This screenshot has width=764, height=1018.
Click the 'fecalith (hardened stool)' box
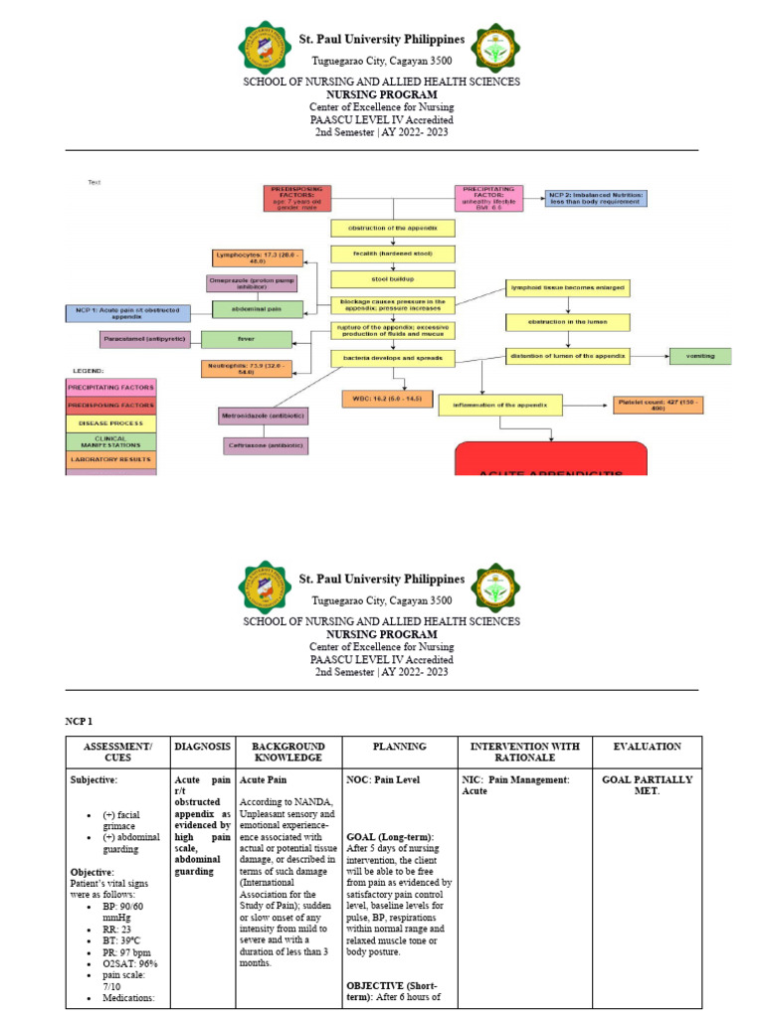tap(392, 254)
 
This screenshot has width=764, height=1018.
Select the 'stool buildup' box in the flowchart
tap(392, 279)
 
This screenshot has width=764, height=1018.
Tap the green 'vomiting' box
tap(699, 356)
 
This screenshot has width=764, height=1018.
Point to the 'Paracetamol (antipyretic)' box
tap(147, 340)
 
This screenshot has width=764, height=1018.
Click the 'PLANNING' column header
tap(399, 747)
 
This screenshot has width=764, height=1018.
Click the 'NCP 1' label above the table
tap(80, 720)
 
